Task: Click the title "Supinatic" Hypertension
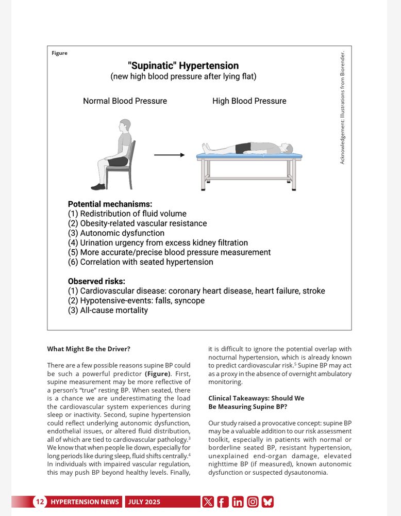pyautogui.click(x=183, y=66)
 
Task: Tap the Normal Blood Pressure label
pyautogui.click(x=125, y=101)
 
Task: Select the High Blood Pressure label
pyautogui.click(x=249, y=101)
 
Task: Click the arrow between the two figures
pyautogui.click(x=169, y=155)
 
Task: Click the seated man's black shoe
pyautogui.click(x=98, y=186)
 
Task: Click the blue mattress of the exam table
pyautogui.click(x=249, y=155)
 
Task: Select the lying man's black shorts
pyautogui.click(x=243, y=148)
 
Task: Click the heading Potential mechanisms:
pyautogui.click(x=110, y=204)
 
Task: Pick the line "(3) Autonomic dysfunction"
pyautogui.click(x=116, y=233)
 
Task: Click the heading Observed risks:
pyautogui.click(x=96, y=281)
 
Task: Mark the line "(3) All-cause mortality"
pyautogui.click(x=108, y=310)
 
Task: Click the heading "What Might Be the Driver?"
pyautogui.click(x=89, y=348)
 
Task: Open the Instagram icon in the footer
pyautogui.click(x=253, y=502)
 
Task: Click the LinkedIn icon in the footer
pyautogui.click(x=238, y=502)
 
